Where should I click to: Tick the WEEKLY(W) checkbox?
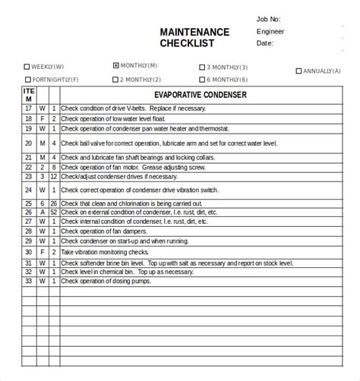(x=28, y=67)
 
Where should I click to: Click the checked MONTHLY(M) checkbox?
(x=116, y=65)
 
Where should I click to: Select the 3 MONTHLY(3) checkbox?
(x=203, y=67)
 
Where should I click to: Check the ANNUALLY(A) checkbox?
(x=298, y=71)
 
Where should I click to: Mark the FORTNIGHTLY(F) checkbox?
(x=28, y=79)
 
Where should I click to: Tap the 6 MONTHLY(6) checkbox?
(x=203, y=79)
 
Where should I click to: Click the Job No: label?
(x=269, y=18)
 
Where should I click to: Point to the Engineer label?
(x=270, y=31)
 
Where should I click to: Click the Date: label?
(x=264, y=43)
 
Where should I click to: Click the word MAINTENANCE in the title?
(x=194, y=32)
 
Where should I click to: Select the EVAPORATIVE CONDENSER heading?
(x=201, y=96)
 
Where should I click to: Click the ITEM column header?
(x=29, y=95)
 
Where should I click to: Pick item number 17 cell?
(x=29, y=108)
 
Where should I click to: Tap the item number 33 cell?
(x=29, y=281)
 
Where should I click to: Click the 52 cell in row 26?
(x=53, y=213)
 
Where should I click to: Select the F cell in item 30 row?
(x=43, y=251)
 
